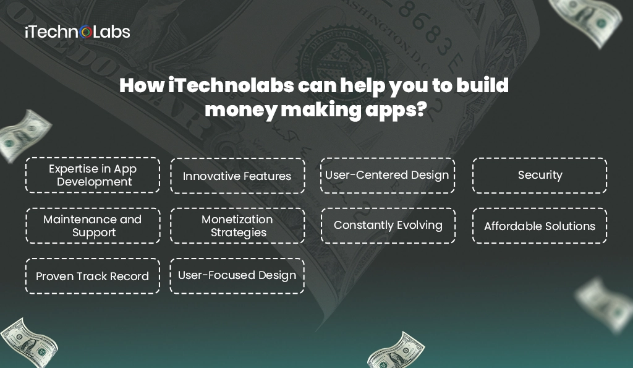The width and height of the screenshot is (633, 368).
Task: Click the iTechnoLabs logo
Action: (x=77, y=32)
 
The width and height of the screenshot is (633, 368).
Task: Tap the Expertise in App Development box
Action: (x=93, y=175)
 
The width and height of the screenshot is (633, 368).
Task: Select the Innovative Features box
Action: (x=237, y=176)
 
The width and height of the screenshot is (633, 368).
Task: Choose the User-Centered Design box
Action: (x=388, y=175)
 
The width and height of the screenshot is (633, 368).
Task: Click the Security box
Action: (x=540, y=175)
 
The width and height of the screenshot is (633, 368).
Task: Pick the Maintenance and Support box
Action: (x=93, y=226)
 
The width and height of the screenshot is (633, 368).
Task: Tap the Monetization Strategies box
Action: (x=237, y=226)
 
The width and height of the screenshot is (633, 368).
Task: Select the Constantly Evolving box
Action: (x=388, y=225)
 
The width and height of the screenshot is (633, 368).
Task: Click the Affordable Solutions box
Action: (x=540, y=226)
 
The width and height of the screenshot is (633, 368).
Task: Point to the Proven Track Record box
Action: (x=93, y=276)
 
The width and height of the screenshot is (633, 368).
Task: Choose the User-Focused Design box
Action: (x=237, y=275)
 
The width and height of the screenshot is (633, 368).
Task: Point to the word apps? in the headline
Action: (x=398, y=111)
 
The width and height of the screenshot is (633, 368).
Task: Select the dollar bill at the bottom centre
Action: (x=395, y=353)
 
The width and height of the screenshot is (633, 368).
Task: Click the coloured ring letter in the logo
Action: (x=86, y=32)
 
